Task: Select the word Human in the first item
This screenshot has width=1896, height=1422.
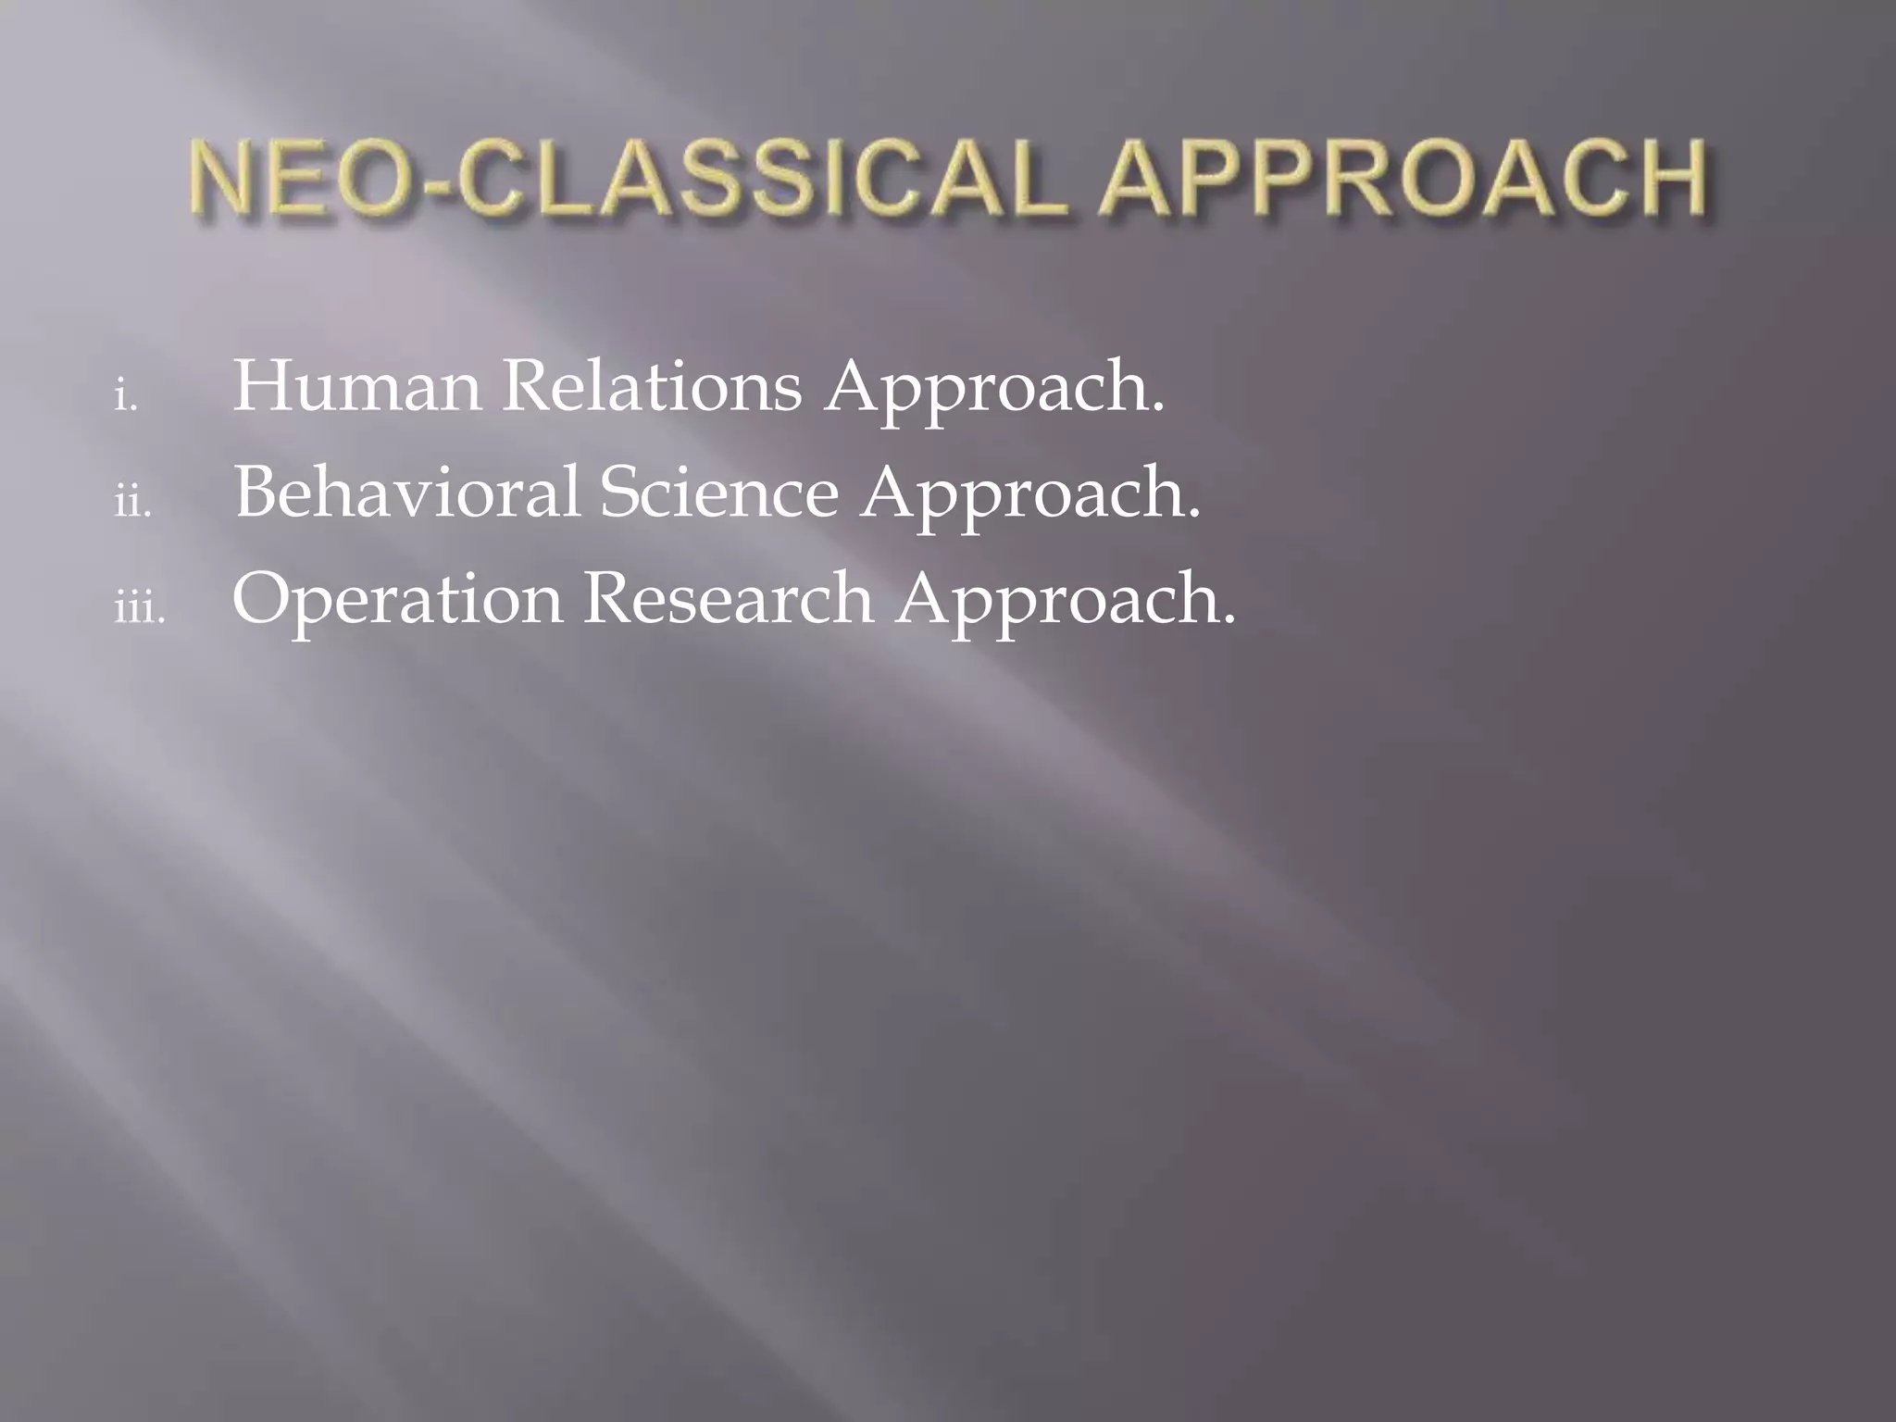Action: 356,386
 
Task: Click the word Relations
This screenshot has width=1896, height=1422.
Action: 652,386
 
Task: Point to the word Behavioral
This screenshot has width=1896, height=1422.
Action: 407,493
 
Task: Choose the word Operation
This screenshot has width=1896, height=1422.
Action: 397,600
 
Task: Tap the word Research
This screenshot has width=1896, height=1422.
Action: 728,598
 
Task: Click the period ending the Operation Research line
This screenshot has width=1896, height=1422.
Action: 1229,620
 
